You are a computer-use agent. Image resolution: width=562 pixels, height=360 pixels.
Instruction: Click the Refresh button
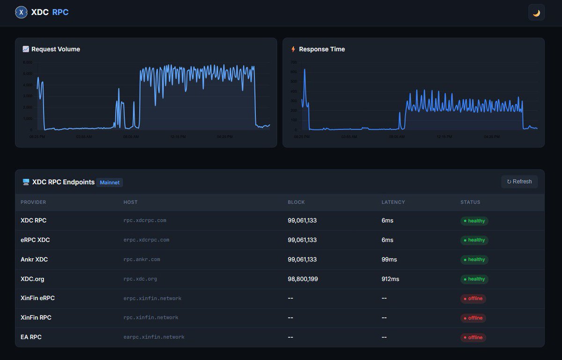[x=519, y=182]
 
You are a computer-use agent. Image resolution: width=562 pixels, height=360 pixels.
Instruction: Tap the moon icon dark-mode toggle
[x=536, y=13]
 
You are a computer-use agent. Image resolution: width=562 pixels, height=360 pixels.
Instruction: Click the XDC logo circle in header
[x=21, y=13]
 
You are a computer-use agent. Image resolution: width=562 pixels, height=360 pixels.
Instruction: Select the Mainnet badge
[x=110, y=182]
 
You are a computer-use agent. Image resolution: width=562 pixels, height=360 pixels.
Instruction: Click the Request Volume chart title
[x=55, y=49]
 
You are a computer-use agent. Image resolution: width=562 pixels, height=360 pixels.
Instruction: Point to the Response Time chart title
[x=322, y=49]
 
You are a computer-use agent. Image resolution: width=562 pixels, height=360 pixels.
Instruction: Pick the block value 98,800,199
[x=303, y=279]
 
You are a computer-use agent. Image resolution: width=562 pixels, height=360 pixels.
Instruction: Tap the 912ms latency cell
[x=390, y=279]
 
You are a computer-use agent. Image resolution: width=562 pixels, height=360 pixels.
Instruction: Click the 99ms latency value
[x=389, y=259]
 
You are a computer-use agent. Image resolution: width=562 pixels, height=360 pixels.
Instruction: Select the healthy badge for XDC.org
[x=474, y=279]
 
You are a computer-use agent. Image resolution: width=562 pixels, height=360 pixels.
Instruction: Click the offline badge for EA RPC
[x=473, y=337]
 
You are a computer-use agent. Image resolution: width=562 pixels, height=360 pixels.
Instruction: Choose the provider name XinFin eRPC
[x=37, y=298]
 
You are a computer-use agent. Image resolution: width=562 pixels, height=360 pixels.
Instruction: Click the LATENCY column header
[x=393, y=202]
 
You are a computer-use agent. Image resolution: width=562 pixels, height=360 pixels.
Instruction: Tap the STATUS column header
[x=470, y=202]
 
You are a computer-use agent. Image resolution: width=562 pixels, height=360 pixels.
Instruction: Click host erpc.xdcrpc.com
[x=146, y=240]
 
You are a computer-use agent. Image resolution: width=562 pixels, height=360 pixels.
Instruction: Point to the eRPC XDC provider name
[x=35, y=240]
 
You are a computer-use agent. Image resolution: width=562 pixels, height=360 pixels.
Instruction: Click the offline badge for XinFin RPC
[x=473, y=318]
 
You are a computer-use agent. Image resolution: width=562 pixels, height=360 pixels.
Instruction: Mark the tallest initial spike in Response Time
[x=304, y=70]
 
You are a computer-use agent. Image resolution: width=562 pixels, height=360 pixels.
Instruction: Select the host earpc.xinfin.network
[x=154, y=337]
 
